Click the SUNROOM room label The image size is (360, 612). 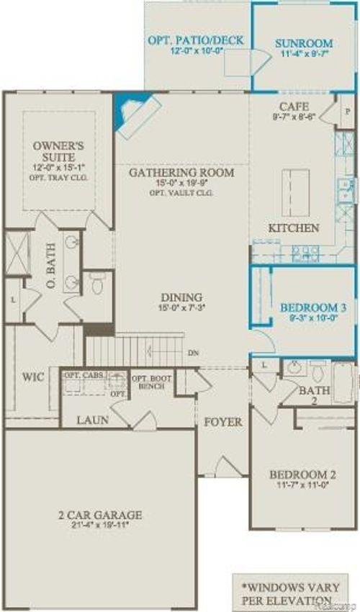(304, 43)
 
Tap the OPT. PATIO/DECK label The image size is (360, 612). (196, 40)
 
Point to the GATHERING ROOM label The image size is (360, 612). (181, 173)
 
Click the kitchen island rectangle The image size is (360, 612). (295, 192)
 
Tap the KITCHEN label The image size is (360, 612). (294, 228)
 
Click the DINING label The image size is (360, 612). (181, 297)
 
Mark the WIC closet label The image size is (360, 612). (33, 377)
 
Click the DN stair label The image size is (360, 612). (193, 354)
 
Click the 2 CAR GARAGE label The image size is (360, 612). (100, 515)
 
